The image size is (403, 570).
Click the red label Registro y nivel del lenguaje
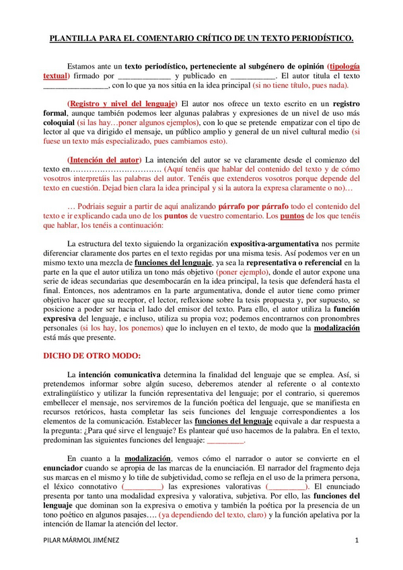tap(122, 104)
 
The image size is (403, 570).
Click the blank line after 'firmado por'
tap(144, 77)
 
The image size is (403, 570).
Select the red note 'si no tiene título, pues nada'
tap(291, 87)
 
